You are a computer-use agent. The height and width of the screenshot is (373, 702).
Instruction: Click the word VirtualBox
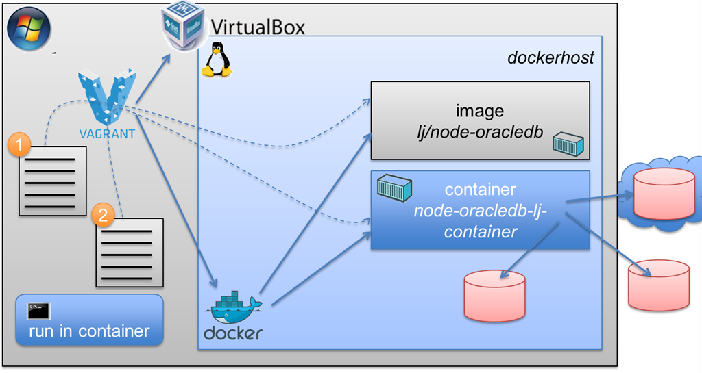257,27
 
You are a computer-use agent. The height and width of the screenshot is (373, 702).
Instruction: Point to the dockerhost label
550,57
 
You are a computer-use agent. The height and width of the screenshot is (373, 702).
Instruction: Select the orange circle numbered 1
20,145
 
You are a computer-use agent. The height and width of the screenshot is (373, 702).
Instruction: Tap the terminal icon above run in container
37,310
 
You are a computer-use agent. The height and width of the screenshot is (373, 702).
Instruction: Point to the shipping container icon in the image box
568,144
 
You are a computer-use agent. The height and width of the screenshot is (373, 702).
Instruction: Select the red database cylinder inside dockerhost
494,295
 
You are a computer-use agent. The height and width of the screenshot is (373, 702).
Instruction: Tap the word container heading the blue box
480,190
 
